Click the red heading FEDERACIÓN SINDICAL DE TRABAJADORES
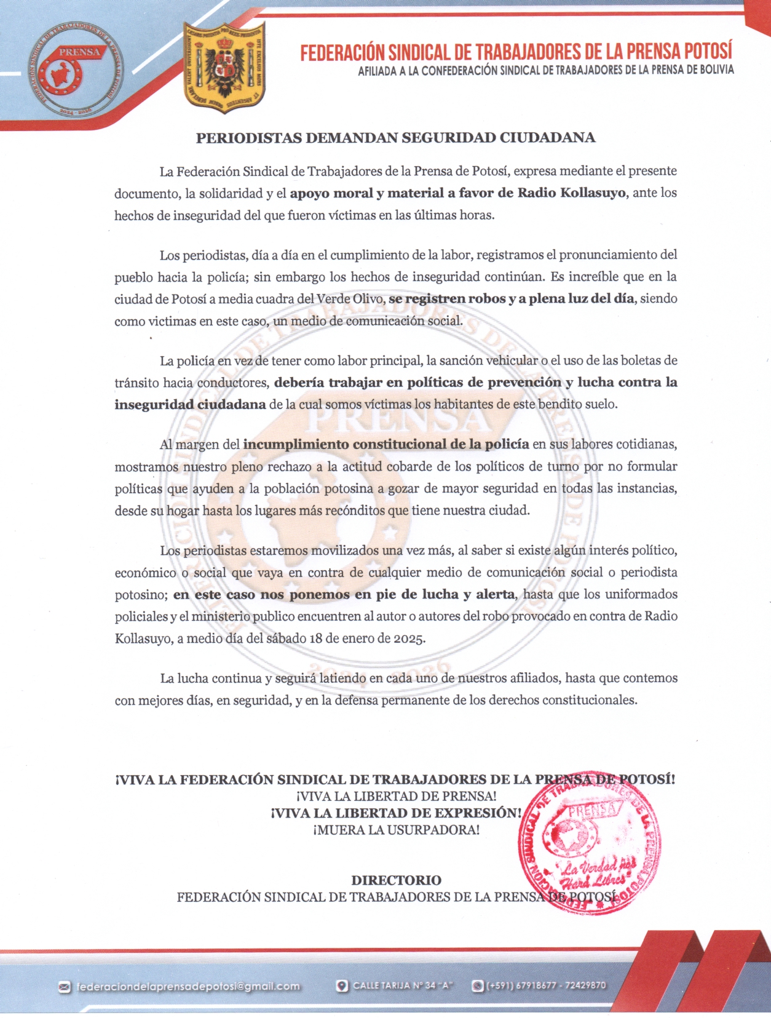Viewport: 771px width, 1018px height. [x=516, y=52]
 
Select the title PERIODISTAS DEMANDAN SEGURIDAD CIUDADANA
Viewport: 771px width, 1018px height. [x=395, y=138]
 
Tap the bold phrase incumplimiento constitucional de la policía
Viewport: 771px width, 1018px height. [x=386, y=444]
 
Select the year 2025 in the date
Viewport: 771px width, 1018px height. [x=409, y=638]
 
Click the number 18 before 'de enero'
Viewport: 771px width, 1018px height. [x=316, y=638]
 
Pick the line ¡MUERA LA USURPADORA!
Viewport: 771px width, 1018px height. [x=396, y=830]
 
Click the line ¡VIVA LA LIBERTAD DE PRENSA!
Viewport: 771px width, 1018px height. [x=396, y=796]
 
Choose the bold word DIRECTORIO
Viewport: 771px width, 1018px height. [x=396, y=880]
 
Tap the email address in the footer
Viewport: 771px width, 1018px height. [x=188, y=986]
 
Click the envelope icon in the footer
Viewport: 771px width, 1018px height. [x=64, y=987]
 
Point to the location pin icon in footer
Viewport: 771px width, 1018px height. [x=342, y=985]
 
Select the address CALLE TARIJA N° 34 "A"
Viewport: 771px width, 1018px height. [x=403, y=985]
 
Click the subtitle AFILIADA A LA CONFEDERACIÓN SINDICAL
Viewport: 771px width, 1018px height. [x=545, y=70]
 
